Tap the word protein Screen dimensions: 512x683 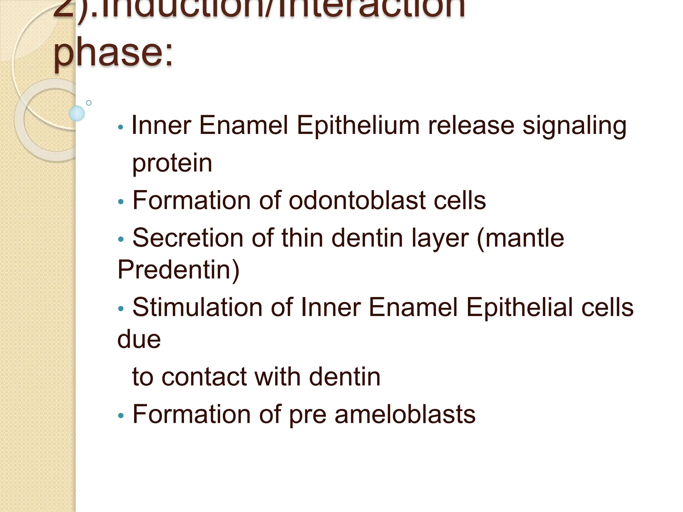172,163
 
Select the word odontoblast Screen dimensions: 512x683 357,201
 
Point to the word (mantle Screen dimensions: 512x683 520,239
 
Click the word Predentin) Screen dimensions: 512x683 178,269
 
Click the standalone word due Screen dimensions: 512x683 139,339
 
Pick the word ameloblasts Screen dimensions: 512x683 405,414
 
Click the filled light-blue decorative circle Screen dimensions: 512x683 77,113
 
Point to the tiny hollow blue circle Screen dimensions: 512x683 89,103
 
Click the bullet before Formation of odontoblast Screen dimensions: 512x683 121,202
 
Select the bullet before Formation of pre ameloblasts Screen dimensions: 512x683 121,416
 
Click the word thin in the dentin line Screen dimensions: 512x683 302,238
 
